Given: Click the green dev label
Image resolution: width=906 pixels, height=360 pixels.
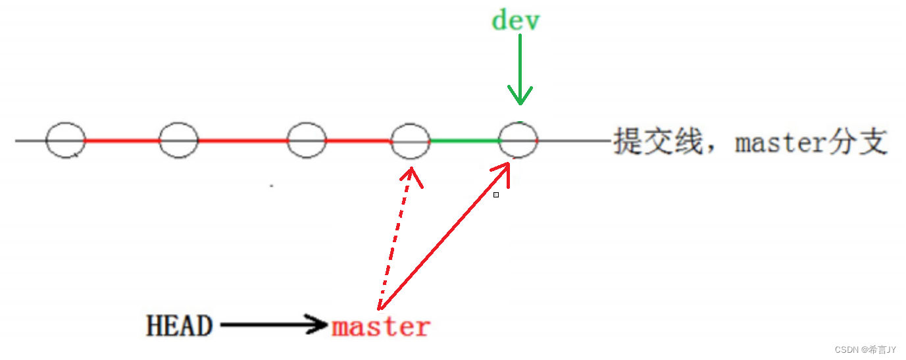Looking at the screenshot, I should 515,20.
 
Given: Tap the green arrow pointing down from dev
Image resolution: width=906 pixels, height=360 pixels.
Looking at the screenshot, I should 520,69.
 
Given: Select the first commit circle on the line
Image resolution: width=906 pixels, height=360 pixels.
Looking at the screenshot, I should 66,140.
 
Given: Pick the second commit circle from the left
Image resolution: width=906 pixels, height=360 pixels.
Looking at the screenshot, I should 179,140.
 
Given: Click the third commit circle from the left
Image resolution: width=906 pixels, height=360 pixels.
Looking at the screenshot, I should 307,140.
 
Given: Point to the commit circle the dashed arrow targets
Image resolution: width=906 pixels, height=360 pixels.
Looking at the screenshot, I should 411,141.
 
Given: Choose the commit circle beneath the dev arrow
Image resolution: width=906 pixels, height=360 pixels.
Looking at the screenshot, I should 518,140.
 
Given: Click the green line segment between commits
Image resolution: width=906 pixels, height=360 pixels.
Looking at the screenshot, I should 465,141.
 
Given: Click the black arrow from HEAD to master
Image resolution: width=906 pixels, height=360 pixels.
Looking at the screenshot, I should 274,324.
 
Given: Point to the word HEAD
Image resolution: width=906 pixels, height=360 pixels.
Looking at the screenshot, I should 179,326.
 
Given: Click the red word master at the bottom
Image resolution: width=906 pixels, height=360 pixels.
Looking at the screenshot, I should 381,326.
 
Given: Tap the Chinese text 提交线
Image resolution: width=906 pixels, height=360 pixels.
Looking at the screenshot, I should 658,141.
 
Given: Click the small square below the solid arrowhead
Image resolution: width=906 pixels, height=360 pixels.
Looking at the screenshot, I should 496,195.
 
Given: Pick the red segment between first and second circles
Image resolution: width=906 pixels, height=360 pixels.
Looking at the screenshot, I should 122,140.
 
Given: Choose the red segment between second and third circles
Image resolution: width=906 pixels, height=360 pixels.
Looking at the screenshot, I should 243,140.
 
